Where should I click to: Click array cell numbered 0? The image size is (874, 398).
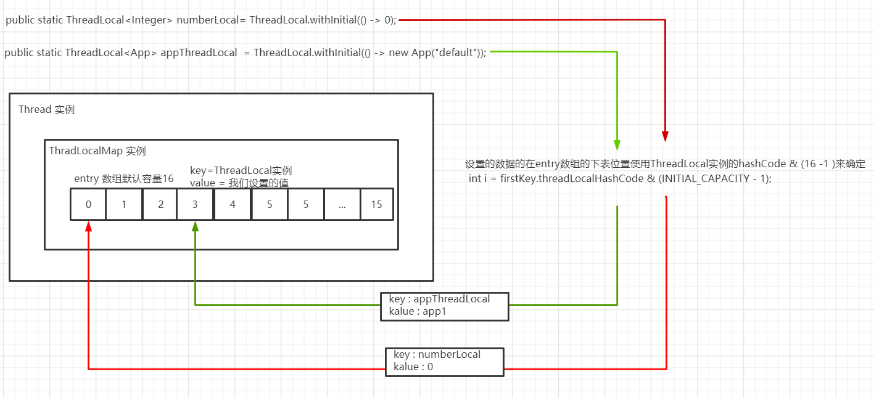[x=88, y=204]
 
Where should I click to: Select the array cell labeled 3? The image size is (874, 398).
[x=195, y=204]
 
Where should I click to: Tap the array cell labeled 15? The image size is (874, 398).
[x=376, y=204]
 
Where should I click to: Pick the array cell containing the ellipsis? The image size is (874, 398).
[x=342, y=204]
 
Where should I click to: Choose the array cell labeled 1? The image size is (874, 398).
[x=124, y=204]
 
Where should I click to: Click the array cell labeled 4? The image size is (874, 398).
[x=232, y=204]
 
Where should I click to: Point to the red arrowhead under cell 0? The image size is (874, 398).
[x=89, y=226]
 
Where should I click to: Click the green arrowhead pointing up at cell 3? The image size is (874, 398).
[x=195, y=226]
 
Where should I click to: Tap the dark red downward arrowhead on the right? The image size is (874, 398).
[x=665, y=136]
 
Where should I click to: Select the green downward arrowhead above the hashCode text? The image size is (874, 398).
[x=617, y=144]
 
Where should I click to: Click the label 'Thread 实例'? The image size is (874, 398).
[x=46, y=110]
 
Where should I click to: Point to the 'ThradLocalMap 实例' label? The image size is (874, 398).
[x=97, y=151]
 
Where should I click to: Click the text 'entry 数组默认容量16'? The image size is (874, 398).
[x=123, y=179]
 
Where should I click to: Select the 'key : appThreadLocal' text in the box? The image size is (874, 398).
[x=439, y=299]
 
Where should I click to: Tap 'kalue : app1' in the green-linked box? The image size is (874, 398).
[x=418, y=312]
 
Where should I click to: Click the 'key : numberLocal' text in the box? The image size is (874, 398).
[x=437, y=355]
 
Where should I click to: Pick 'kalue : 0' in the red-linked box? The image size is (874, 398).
[x=414, y=367]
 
